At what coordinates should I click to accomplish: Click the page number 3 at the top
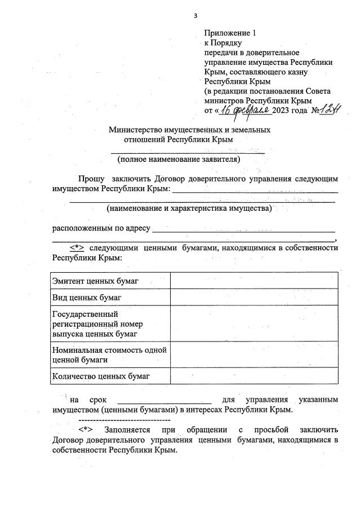coord(195,15)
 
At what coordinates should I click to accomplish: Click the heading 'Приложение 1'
coord(230,33)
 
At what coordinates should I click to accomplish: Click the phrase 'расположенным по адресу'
coord(101,228)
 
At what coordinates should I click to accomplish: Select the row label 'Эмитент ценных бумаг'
coord(95,281)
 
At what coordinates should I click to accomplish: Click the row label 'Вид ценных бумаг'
coord(87,296)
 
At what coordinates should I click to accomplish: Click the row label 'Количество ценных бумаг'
coord(101,375)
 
